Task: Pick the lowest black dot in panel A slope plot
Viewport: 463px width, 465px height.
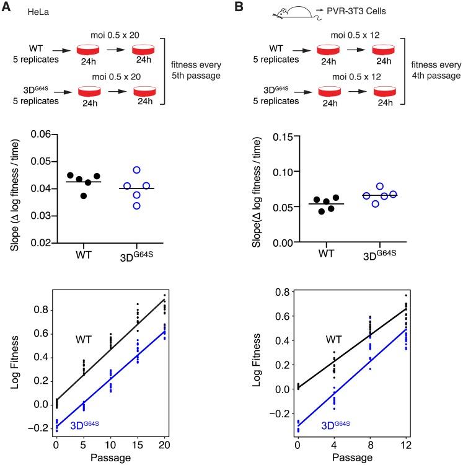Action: (84, 196)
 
